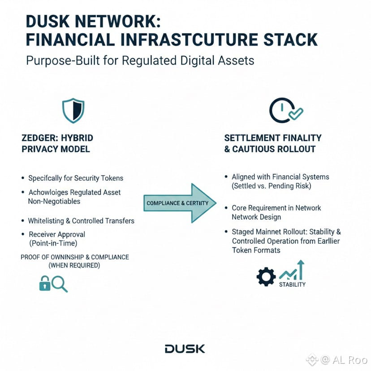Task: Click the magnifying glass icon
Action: (60, 283)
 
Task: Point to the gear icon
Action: (266, 276)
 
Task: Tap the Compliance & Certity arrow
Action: (179, 203)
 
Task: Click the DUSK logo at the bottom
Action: (185, 349)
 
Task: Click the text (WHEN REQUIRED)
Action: (74, 265)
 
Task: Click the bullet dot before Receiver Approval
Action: (23, 234)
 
